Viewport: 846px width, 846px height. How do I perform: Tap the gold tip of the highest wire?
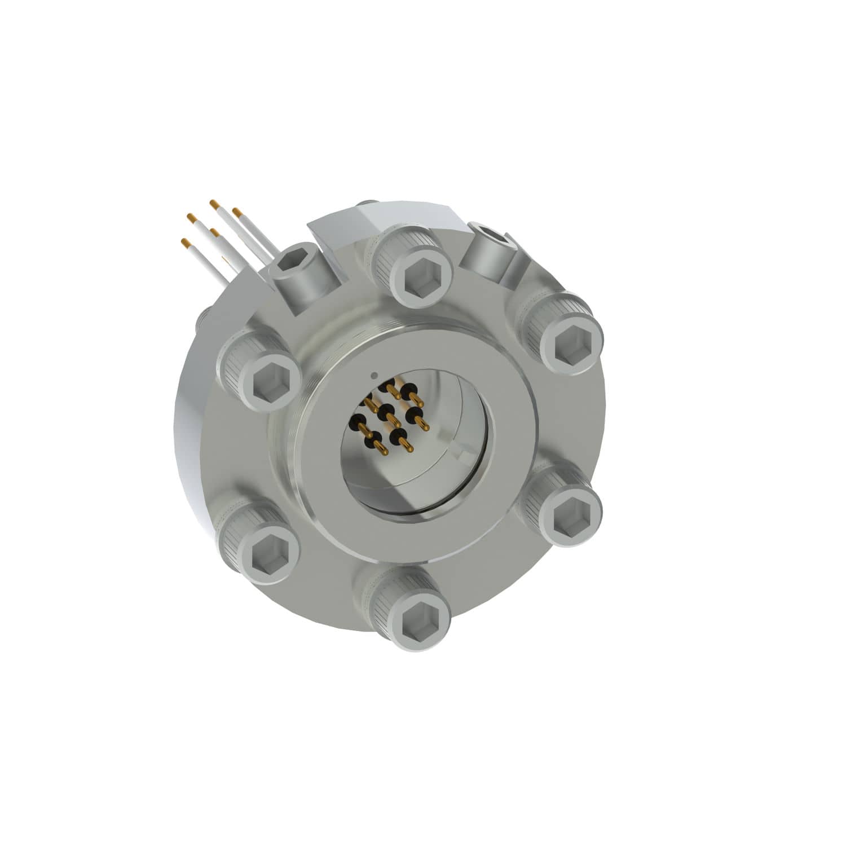[213, 202]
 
